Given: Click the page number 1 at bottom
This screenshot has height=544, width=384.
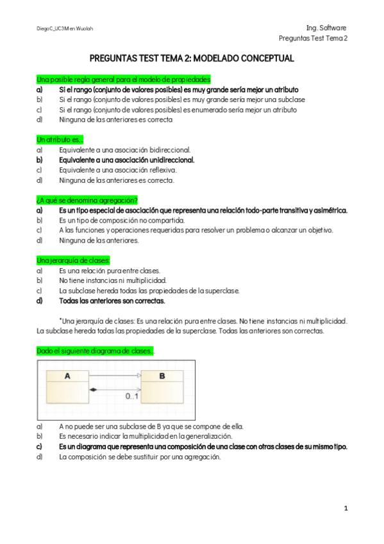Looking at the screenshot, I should pyautogui.click(x=346, y=509).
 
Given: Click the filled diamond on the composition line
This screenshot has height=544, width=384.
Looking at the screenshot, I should pyautogui.click(x=93, y=389).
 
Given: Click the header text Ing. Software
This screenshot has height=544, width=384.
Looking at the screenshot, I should pyautogui.click(x=326, y=28).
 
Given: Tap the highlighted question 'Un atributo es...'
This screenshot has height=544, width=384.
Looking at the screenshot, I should pyautogui.click(x=60, y=139).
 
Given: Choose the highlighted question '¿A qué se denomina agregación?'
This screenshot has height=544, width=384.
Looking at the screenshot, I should pyautogui.click(x=87, y=200).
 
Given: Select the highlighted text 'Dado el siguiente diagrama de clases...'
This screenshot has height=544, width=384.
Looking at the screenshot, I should pyautogui.click(x=95, y=351).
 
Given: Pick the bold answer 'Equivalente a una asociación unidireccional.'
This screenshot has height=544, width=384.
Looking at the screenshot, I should pyautogui.click(x=126, y=160).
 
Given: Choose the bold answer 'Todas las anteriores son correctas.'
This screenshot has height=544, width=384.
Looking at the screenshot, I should pyautogui.click(x=112, y=300).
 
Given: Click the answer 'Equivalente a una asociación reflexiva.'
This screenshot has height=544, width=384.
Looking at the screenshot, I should pyautogui.click(x=117, y=170).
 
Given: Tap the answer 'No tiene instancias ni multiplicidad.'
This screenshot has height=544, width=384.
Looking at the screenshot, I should pyautogui.click(x=112, y=280).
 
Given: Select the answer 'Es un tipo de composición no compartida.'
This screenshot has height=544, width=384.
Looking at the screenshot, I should pyautogui.click(x=121, y=220).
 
